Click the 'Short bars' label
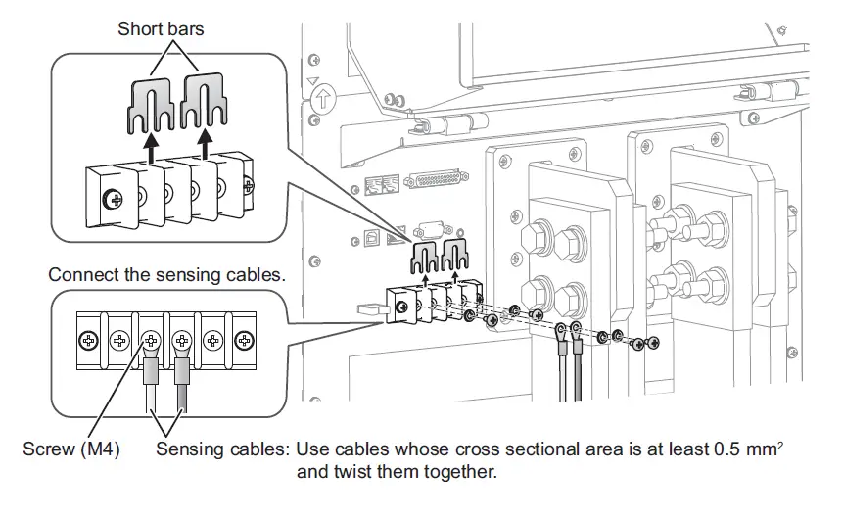(x=162, y=28)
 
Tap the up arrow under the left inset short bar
(x=150, y=148)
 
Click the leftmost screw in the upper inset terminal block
(x=116, y=200)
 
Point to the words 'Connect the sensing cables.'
(x=167, y=277)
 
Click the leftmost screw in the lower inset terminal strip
(x=88, y=341)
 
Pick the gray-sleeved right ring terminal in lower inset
(x=181, y=372)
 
